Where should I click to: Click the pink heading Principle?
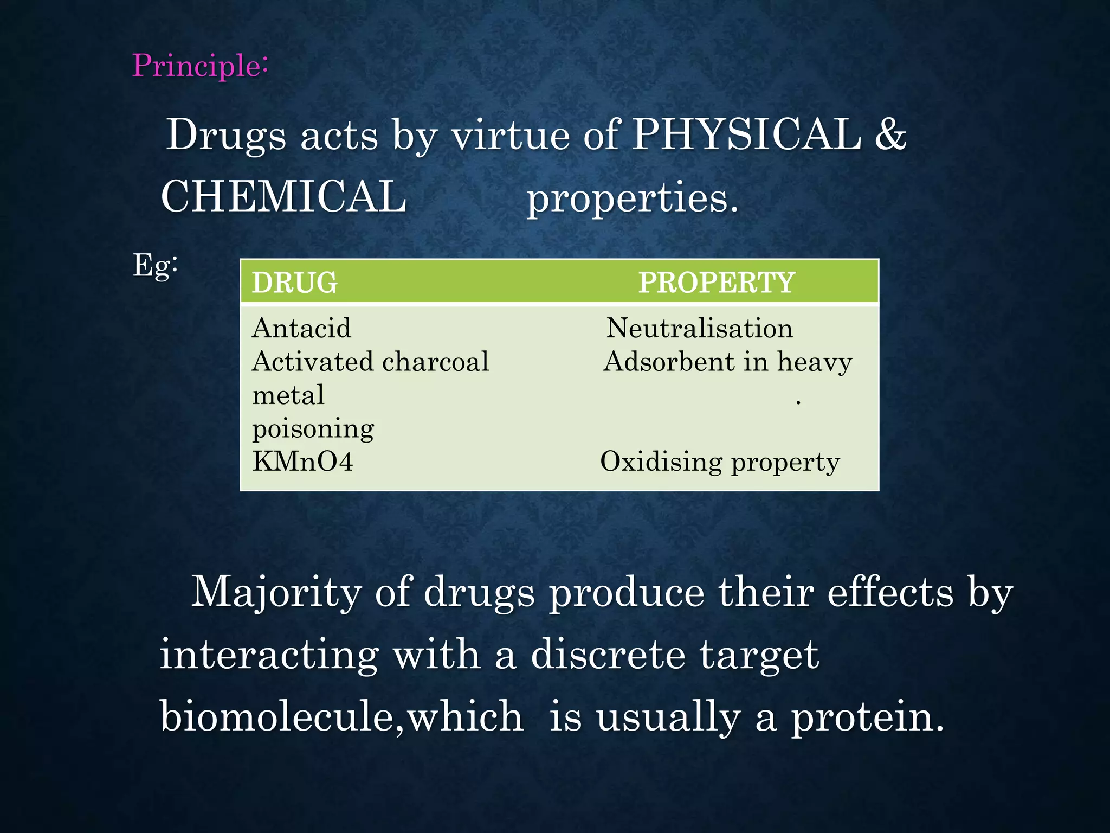[200, 66]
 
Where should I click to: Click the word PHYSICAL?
[747, 134]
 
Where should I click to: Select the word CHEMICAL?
[283, 196]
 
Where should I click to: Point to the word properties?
[633, 198]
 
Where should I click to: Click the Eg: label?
[155, 266]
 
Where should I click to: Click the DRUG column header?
[295, 283]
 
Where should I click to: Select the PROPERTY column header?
[716, 283]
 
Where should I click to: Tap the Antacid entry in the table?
[301, 328]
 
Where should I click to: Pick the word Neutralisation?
[699, 328]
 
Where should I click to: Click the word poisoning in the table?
[313, 429]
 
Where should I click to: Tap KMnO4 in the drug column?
[302, 462]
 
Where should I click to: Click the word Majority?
[276, 592]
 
